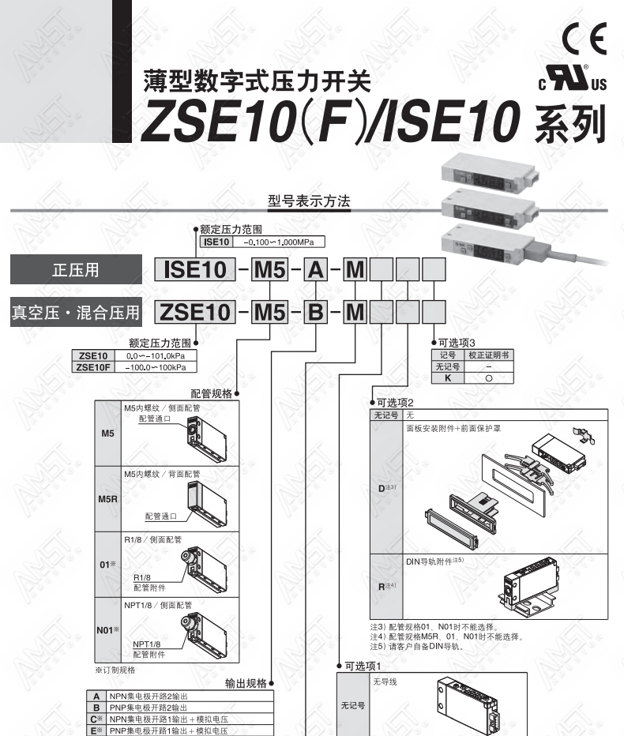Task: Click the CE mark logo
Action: (585, 39)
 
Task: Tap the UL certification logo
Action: (573, 78)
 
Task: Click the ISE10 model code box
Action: (195, 270)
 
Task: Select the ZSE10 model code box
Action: (195, 312)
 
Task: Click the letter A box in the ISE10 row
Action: (315, 270)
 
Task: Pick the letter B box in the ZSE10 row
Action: (315, 312)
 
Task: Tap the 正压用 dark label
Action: (76, 269)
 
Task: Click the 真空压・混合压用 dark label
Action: (76, 312)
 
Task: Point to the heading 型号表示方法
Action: (309, 201)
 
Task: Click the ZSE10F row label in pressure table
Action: (93, 367)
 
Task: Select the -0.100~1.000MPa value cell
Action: (278, 242)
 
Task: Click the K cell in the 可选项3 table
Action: (448, 377)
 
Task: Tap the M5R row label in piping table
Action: (108, 499)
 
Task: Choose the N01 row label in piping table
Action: (108, 630)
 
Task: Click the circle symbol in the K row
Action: (489, 378)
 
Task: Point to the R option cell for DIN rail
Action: (386, 586)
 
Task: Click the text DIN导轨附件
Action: (429, 561)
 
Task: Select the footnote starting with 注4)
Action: (446, 636)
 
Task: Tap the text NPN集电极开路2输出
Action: (148, 696)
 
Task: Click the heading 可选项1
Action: (363, 666)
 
